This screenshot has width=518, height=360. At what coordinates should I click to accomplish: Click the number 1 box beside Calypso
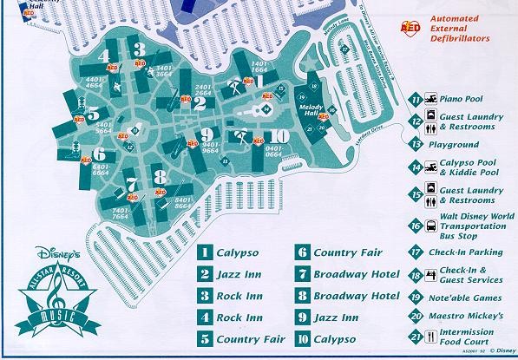[x=205, y=253]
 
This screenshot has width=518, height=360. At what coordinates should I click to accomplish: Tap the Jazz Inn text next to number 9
[x=336, y=317]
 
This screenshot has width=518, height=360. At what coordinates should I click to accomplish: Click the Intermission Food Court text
[x=469, y=337]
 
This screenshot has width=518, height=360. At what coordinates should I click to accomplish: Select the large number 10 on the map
[x=279, y=135]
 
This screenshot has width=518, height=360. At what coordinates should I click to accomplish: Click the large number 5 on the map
[x=93, y=114]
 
